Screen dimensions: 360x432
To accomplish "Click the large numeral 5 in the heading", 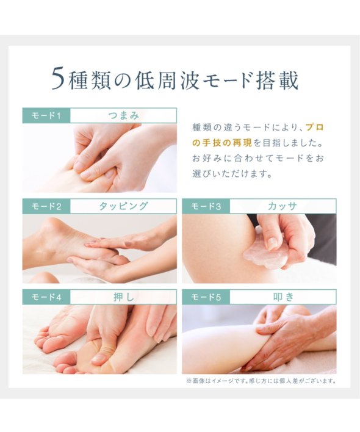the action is tap(59, 79).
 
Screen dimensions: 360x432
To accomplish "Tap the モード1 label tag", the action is tap(46, 116).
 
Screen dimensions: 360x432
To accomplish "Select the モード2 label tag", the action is tap(46, 206).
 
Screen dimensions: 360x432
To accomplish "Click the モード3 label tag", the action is tap(206, 206).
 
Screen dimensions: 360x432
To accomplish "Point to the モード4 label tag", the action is tap(46, 297).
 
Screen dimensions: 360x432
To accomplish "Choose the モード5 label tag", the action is tap(206, 297).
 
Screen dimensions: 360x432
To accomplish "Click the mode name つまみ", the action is tap(123, 115).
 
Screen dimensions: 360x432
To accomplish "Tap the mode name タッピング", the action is tap(123, 206).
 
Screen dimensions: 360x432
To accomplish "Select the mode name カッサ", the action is tap(283, 206).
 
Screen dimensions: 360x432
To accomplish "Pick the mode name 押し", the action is tap(124, 297).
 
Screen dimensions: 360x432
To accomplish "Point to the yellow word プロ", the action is tap(315, 128).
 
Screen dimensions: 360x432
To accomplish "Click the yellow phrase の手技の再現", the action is tap(221, 143).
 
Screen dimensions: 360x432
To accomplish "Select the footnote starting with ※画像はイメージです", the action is tap(261, 381).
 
